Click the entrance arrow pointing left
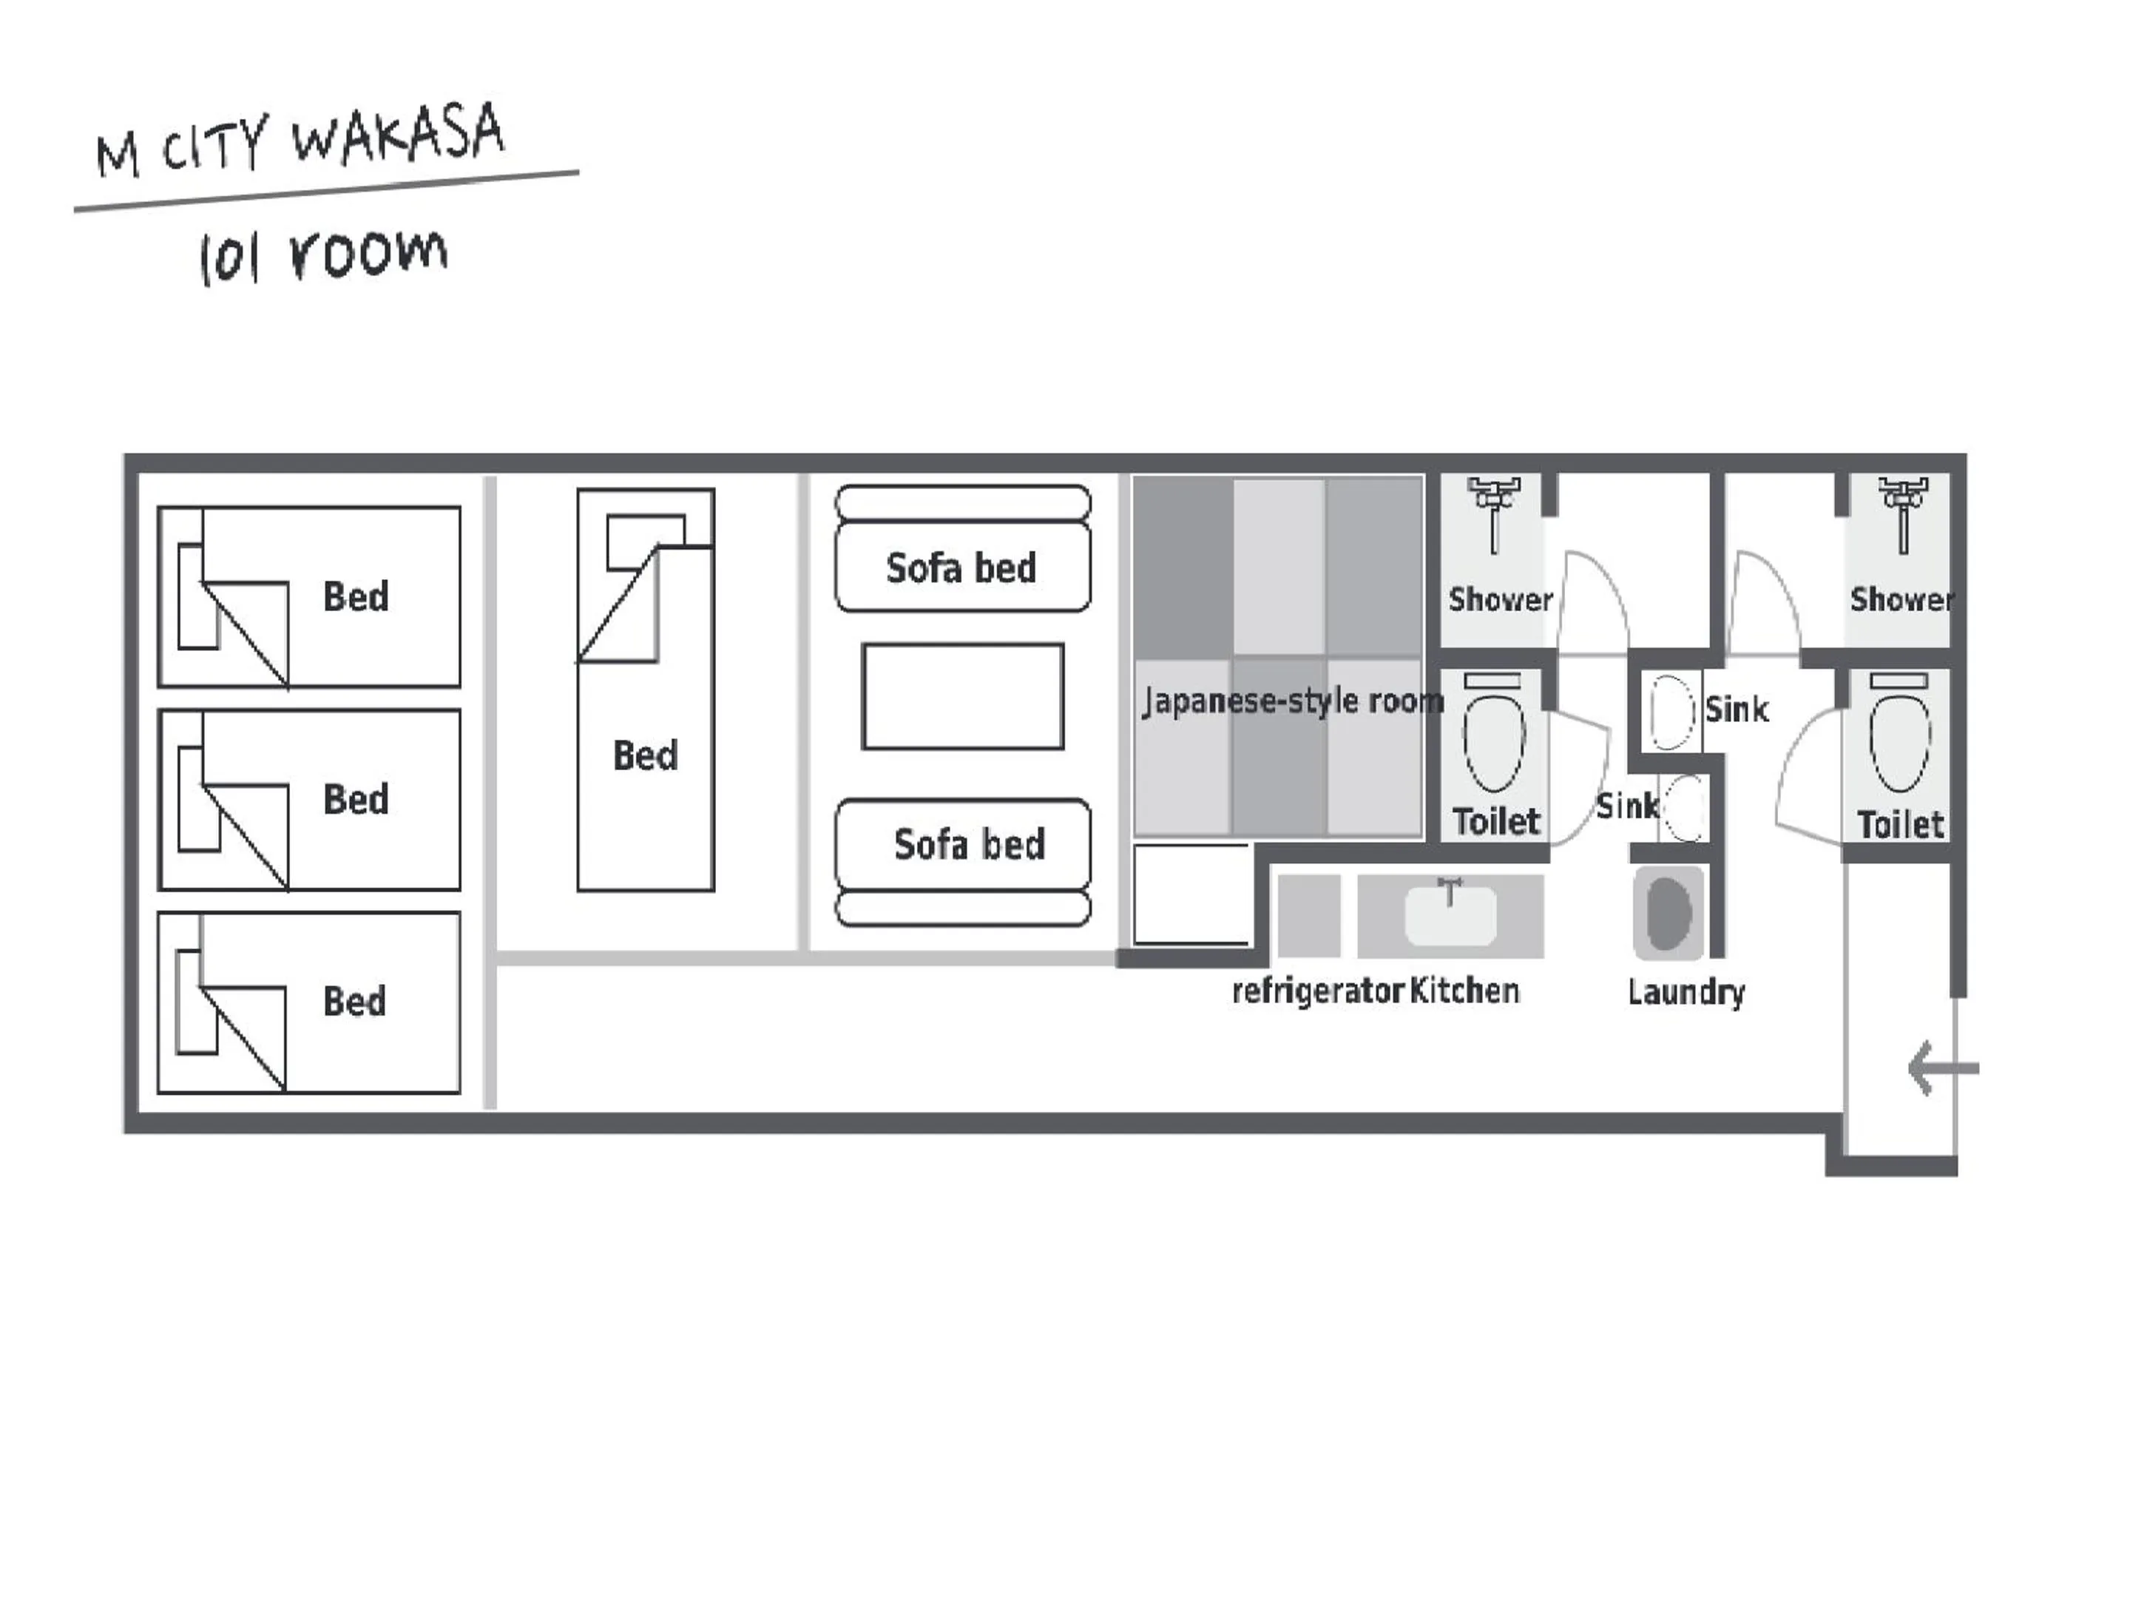(x=1943, y=1068)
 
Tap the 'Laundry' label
(x=1686, y=992)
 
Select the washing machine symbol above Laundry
(x=1668, y=912)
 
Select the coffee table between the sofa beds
(x=963, y=696)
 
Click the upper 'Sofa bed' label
(x=961, y=568)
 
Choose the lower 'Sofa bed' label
(x=969, y=845)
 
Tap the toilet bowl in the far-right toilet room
(x=1900, y=744)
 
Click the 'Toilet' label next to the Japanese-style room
(x=1496, y=822)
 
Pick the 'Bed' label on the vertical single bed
(x=645, y=755)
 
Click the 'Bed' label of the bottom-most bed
(x=354, y=1002)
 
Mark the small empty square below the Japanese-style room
(x=1191, y=894)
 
